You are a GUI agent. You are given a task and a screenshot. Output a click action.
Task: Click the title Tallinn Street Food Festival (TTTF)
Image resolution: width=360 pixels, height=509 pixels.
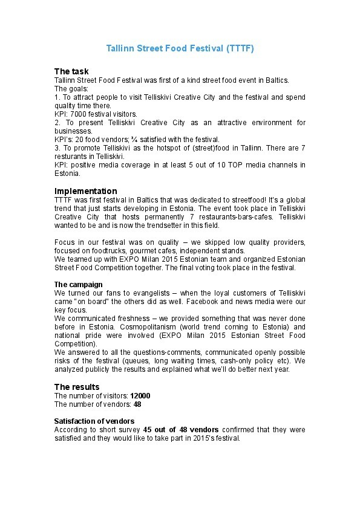(180, 48)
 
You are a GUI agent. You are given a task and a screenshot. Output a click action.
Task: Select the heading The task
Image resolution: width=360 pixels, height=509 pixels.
(71, 71)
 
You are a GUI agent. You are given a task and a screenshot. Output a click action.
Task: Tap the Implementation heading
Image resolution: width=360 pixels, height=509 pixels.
(85, 191)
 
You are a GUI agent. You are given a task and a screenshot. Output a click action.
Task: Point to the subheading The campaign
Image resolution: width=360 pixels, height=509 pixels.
(78, 284)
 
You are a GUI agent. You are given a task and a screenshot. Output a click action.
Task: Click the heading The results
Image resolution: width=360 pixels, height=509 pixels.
(77, 386)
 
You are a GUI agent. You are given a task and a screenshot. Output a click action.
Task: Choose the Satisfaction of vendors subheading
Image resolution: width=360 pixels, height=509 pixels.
(94, 421)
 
